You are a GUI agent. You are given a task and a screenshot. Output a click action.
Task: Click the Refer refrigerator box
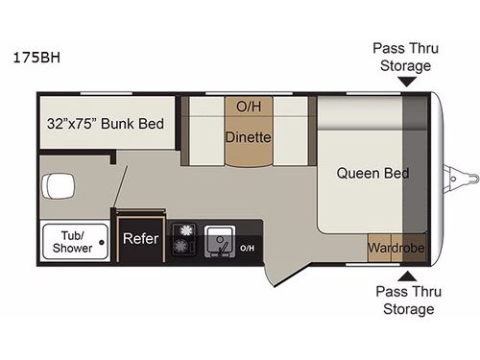[x=133, y=241]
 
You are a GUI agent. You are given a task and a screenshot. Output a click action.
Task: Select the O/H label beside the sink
[x=247, y=248]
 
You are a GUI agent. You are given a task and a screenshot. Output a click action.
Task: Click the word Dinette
[x=249, y=137]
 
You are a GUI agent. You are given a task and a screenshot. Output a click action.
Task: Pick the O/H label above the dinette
[x=249, y=105]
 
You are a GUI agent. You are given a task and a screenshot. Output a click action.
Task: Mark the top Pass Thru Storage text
[x=402, y=57]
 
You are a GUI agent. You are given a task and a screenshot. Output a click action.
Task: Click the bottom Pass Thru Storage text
[x=402, y=300]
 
